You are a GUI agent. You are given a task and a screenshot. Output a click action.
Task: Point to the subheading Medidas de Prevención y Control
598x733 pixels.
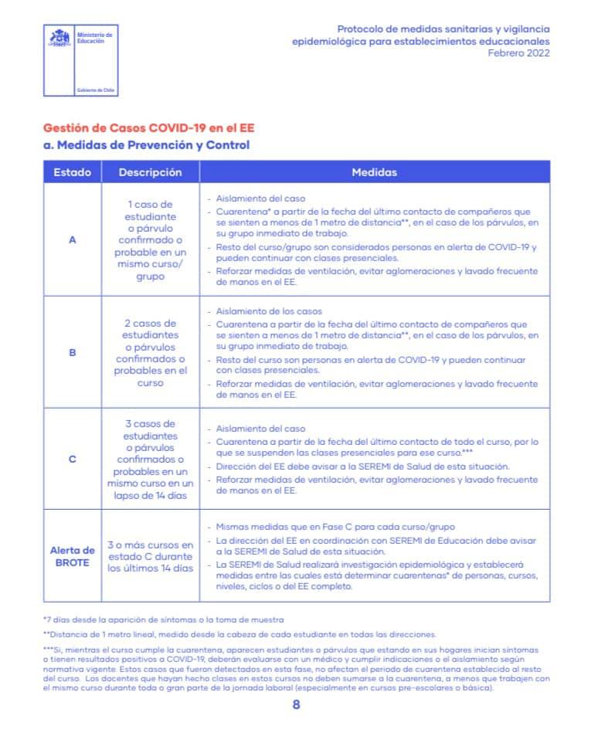[x=146, y=144]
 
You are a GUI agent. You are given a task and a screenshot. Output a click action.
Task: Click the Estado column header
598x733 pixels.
[x=72, y=172]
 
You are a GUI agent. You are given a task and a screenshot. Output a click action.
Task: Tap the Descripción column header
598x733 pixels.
[x=150, y=172]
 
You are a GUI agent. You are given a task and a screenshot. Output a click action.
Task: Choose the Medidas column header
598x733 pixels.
[x=374, y=172]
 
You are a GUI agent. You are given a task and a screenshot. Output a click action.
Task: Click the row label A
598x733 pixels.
[x=73, y=239]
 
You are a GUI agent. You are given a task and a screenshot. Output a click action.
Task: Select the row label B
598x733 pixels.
[x=73, y=352]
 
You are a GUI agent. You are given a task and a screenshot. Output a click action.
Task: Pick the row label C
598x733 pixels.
[x=73, y=459]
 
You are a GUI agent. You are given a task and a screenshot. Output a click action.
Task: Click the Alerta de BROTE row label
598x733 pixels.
[x=73, y=556]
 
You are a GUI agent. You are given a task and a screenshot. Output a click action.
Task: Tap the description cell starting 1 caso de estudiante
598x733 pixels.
[x=150, y=239]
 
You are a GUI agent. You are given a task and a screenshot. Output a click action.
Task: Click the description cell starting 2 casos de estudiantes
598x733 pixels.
[x=150, y=352]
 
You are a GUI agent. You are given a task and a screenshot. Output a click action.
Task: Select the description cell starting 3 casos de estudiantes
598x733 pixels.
[x=150, y=459]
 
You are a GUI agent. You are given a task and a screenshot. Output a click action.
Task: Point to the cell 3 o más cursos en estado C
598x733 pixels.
[x=150, y=556]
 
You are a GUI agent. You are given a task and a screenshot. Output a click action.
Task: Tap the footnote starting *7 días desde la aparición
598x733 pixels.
[x=153, y=619]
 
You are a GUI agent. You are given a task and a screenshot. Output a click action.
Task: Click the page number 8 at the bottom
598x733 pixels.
[x=297, y=704]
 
